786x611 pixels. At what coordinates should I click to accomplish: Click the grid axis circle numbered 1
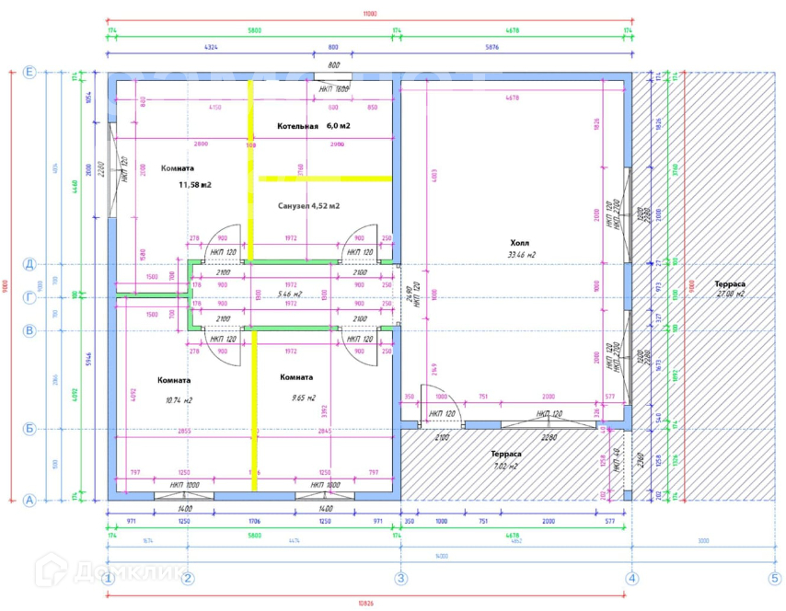pyautogui.click(x=108, y=579)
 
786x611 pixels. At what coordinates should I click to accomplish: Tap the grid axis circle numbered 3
pyautogui.click(x=400, y=579)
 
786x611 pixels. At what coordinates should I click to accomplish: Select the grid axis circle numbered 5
pyautogui.click(x=774, y=579)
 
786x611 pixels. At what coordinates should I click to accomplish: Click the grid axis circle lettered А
pyautogui.click(x=29, y=501)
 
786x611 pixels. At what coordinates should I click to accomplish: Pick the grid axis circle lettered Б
pyautogui.click(x=29, y=429)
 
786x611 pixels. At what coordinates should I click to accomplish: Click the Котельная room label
pyautogui.click(x=297, y=125)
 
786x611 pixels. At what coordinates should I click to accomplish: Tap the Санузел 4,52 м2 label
pyautogui.click(x=308, y=206)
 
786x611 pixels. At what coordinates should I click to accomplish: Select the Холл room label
pyautogui.click(x=521, y=243)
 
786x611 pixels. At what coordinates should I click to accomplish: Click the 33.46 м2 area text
pyautogui.click(x=521, y=255)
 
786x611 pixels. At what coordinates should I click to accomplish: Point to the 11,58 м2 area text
pyautogui.click(x=195, y=185)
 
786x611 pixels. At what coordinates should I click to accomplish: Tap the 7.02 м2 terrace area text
pyautogui.click(x=505, y=466)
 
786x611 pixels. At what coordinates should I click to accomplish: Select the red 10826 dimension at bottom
pyautogui.click(x=369, y=604)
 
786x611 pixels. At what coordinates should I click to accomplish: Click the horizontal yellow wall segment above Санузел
pyautogui.click(x=326, y=178)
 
